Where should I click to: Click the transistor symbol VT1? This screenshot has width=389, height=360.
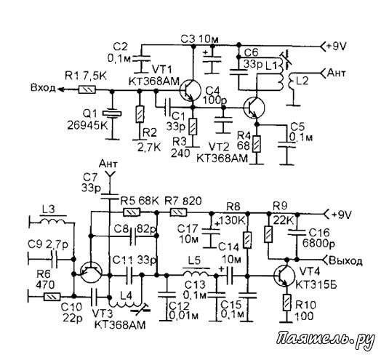pyautogui.click(x=191, y=90)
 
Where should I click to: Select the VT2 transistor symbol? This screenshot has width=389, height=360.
pyautogui.click(x=254, y=108)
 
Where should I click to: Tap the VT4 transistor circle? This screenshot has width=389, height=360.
pyautogui.click(x=284, y=275)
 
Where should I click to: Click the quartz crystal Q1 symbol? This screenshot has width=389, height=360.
pyautogui.click(x=113, y=113)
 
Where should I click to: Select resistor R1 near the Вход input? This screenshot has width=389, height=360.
pyautogui.click(x=87, y=89)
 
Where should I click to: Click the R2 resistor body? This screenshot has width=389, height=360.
pyautogui.click(x=140, y=114)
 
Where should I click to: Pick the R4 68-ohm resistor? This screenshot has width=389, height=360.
pyautogui.click(x=257, y=144)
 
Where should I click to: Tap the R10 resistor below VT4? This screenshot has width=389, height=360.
pyautogui.click(x=286, y=303)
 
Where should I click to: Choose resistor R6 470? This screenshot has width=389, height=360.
pyautogui.click(x=52, y=297)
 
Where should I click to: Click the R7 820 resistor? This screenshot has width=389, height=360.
pyautogui.click(x=178, y=212)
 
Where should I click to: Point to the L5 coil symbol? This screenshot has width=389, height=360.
pyautogui.click(x=196, y=273)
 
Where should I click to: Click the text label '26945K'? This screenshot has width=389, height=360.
pyautogui.click(x=87, y=126)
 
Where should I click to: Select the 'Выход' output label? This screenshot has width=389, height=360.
pyautogui.click(x=346, y=261)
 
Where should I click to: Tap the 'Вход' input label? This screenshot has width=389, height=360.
pyautogui.click(x=43, y=88)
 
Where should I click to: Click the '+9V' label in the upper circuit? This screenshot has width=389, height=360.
pyautogui.click(x=336, y=46)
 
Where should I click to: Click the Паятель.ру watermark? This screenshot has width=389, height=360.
pyautogui.click(x=326, y=339)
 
